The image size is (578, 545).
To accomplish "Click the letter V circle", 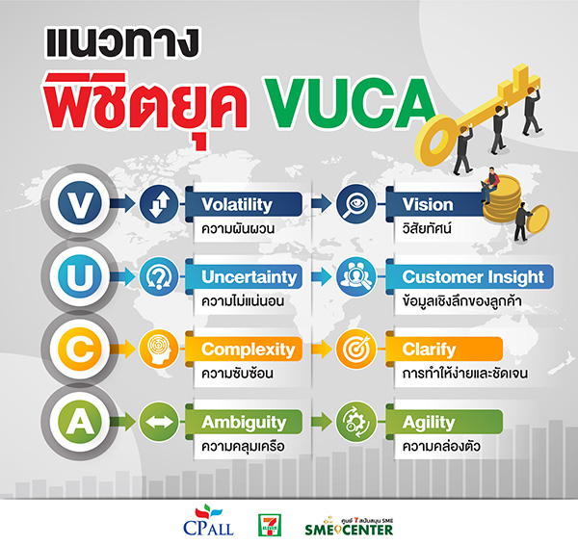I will tap(76, 204).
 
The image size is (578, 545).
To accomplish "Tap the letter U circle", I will tap(76, 277).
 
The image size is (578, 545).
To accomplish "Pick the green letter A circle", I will tap(76, 423).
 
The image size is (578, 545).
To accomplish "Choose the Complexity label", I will tap(248, 350).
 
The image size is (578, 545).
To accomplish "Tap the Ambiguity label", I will tap(244, 423).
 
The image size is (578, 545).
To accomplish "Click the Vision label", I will tap(428, 204).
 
